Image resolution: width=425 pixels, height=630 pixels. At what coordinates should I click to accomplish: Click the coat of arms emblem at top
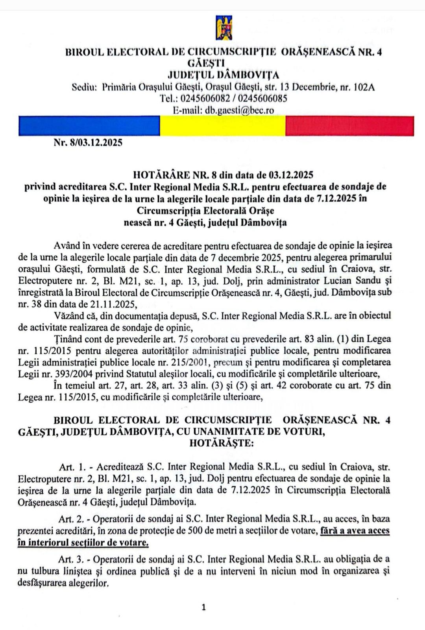coord(224,28)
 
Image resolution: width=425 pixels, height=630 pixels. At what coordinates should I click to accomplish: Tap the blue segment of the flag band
coord(89,126)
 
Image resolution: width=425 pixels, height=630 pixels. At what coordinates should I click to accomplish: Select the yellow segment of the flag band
coord(222,126)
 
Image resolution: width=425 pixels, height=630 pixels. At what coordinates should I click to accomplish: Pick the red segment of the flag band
coord(349,126)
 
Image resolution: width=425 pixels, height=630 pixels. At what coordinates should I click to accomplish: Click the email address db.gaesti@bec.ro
coord(239,110)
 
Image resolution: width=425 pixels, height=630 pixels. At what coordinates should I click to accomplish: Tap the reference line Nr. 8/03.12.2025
coord(88,143)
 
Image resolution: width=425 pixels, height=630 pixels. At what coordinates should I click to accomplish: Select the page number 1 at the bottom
coord(203,607)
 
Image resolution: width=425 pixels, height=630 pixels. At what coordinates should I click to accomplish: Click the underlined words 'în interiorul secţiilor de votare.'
coord(83,543)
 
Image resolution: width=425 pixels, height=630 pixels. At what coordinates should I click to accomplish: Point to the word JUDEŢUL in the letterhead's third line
coord(190,75)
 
